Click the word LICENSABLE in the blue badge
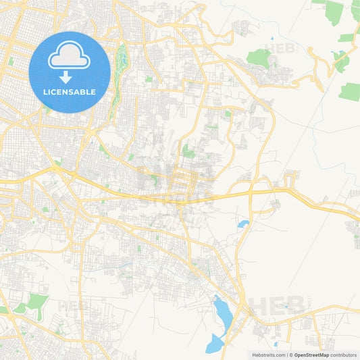click(x=69, y=91)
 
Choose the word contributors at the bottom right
click(x=343, y=355)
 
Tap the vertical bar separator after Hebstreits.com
click(x=285, y=355)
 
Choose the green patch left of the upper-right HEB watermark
click(x=257, y=57)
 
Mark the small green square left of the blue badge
click(x=11, y=61)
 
